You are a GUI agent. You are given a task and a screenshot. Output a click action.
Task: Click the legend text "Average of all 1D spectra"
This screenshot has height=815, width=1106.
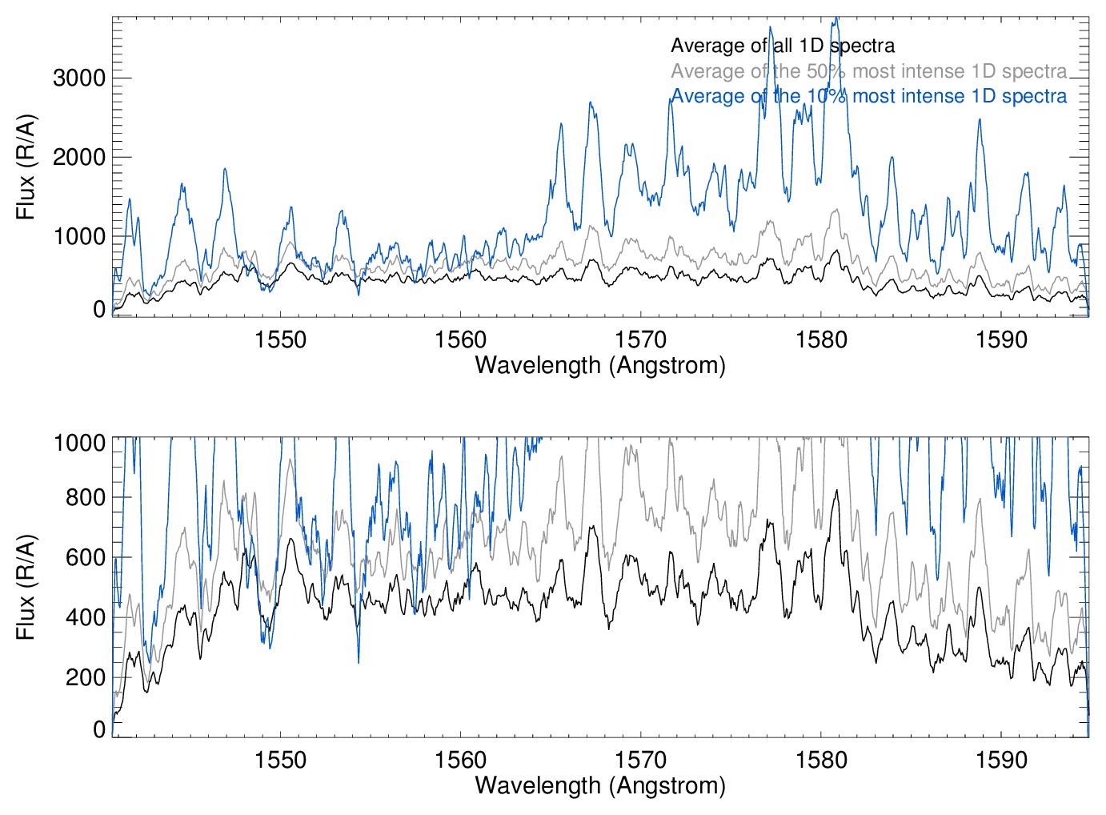(x=782, y=46)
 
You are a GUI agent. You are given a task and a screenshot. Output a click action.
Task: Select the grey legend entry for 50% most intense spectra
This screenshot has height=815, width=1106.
(x=868, y=71)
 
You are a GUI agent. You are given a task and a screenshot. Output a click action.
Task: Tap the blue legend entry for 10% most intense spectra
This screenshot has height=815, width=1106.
(x=868, y=96)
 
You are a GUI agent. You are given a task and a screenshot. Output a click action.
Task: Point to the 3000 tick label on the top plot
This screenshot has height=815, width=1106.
(x=78, y=78)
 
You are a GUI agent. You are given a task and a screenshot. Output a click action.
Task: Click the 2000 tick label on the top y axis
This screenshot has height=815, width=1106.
(x=78, y=157)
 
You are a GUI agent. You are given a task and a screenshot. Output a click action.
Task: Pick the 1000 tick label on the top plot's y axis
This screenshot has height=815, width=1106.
(x=78, y=236)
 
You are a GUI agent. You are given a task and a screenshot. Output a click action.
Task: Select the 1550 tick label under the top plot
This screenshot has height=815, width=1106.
(x=280, y=339)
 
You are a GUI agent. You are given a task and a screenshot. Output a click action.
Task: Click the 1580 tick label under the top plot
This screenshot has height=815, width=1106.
(x=821, y=339)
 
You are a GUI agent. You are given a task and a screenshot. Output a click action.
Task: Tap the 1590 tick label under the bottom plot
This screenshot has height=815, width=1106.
(x=1001, y=759)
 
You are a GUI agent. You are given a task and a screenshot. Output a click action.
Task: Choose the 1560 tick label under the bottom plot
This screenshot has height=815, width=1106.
(x=460, y=759)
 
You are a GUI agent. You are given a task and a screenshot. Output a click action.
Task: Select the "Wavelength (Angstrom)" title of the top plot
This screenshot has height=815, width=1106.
(x=600, y=365)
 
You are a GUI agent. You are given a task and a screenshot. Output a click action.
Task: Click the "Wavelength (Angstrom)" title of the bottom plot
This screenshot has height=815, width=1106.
(x=600, y=785)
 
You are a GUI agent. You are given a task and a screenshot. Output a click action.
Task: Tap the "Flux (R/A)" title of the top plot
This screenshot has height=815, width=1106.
(x=26, y=167)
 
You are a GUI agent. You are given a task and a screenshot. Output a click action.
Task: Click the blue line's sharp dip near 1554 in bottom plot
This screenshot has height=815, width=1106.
(x=359, y=661)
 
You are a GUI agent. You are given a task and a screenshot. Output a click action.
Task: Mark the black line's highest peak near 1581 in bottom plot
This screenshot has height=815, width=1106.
(x=837, y=491)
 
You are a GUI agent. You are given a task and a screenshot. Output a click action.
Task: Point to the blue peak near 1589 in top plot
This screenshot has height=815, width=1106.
(x=980, y=120)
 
